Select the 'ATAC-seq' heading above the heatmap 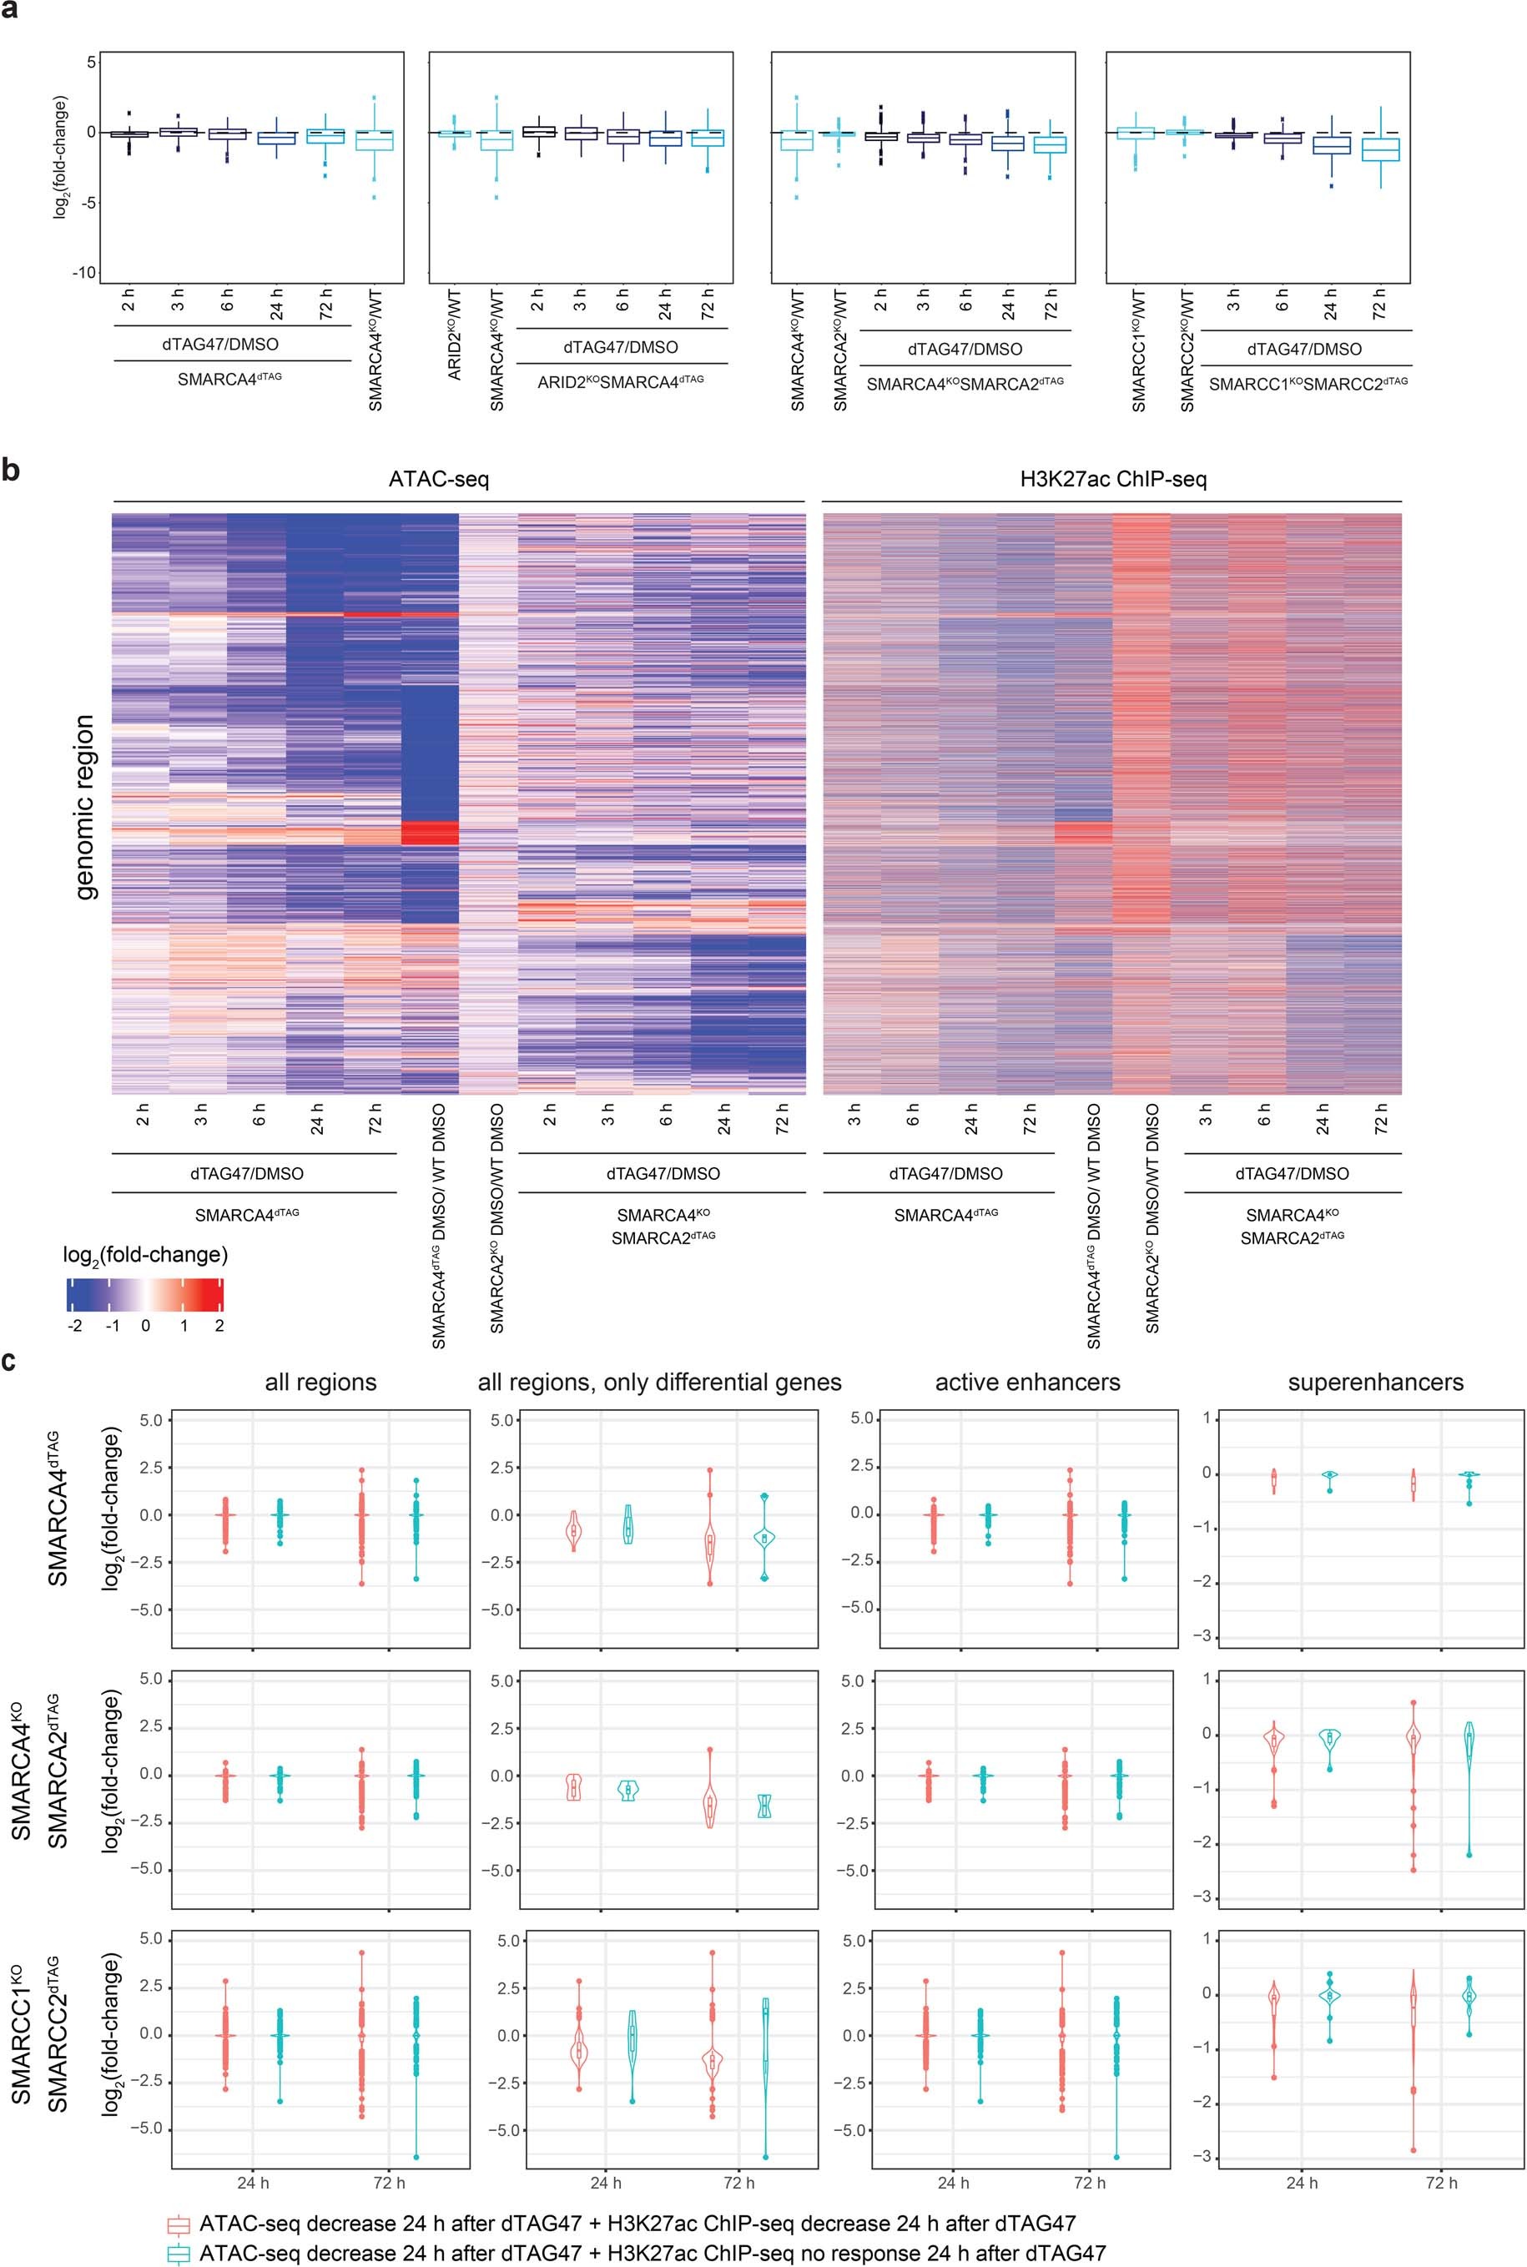click(x=438, y=479)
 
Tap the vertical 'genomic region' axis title click(x=85, y=806)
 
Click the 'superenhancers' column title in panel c click(x=1375, y=1382)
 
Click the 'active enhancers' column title click(x=1027, y=1382)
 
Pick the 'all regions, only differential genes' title click(x=659, y=1382)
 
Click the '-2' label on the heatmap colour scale click(x=75, y=1325)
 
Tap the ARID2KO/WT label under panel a click(x=455, y=345)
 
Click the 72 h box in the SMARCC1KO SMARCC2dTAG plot click(x=1379, y=149)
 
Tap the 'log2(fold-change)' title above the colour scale click(x=145, y=1255)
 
